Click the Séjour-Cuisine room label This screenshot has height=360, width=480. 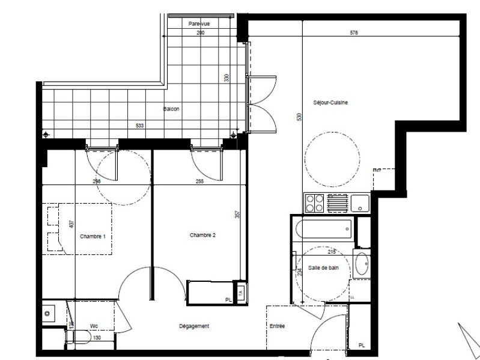pos(330,102)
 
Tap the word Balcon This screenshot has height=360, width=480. pos(171,109)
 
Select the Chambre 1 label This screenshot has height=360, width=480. pos(93,236)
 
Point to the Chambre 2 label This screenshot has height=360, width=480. pos(202,235)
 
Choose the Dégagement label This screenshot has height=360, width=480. pos(194,326)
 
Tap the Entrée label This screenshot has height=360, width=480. pos(277,326)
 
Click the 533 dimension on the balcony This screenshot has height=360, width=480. pos(140,126)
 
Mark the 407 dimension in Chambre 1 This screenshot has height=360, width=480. pos(71,224)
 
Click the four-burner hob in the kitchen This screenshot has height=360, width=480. pos(315,204)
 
